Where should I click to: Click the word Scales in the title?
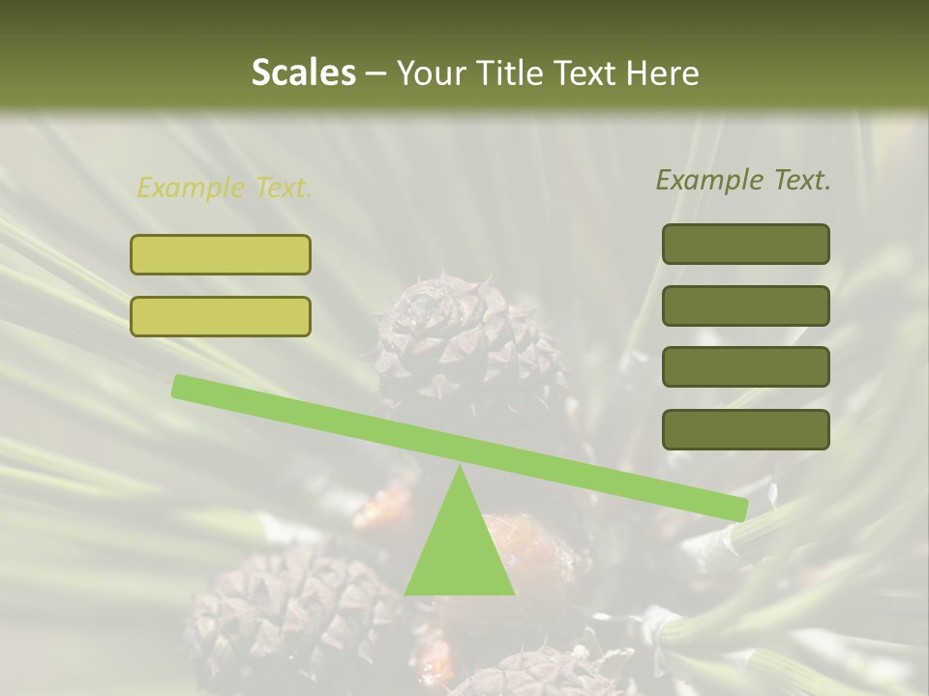[x=303, y=72]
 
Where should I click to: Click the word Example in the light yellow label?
[x=192, y=188]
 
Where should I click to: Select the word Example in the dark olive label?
[x=710, y=180]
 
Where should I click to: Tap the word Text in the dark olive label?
[x=802, y=180]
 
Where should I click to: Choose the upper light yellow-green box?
[x=221, y=254]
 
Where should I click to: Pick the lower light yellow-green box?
[x=221, y=316]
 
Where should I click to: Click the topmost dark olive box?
[x=745, y=244]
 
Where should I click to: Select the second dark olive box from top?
[x=745, y=305]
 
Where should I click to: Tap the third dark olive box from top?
[x=745, y=366]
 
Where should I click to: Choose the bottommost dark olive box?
[x=745, y=429]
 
